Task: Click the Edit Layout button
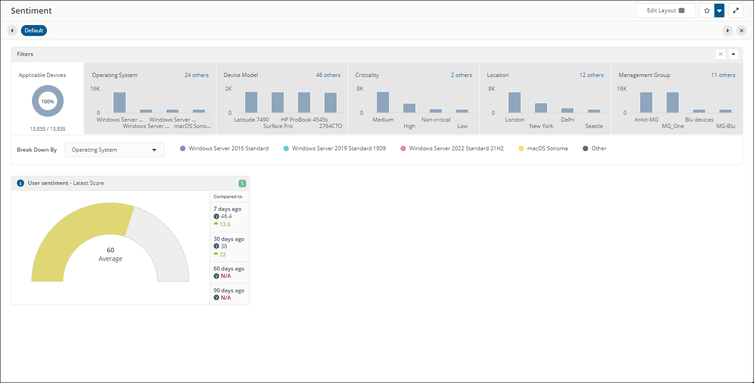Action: pos(665,10)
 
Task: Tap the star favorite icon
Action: pos(707,10)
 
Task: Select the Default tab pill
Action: pos(34,31)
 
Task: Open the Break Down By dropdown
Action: pos(114,150)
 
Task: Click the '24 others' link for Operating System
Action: pos(196,75)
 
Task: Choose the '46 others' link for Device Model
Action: pos(328,75)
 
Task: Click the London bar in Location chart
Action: pos(514,102)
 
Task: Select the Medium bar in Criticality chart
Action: pos(383,102)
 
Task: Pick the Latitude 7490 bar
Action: pos(251,102)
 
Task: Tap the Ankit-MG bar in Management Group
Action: pos(646,102)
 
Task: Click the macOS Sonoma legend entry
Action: pos(547,148)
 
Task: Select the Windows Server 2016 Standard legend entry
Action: pos(228,148)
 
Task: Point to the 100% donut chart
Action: pos(48,101)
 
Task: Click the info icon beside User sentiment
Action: pos(21,183)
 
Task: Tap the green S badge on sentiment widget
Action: pos(242,184)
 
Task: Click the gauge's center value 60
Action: pos(110,250)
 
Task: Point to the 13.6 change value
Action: pos(225,225)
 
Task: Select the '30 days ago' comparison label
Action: pos(229,239)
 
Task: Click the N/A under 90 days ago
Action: pos(226,298)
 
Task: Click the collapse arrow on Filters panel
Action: pos(733,54)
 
